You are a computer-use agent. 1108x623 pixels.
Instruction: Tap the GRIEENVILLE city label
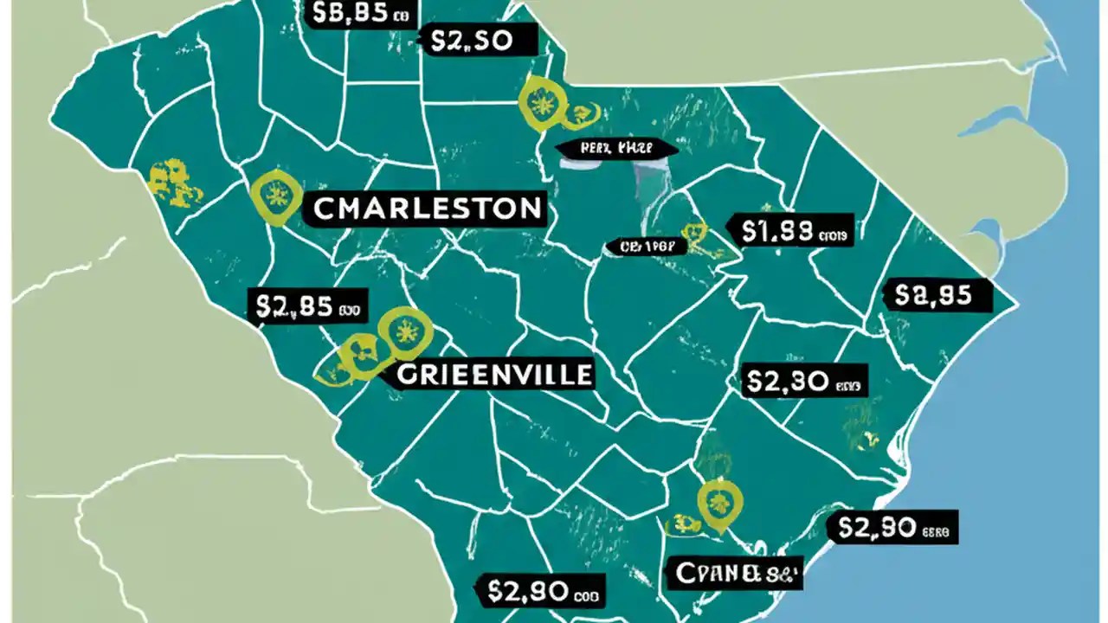click(494, 374)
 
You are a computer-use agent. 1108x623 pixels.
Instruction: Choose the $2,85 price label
click(309, 305)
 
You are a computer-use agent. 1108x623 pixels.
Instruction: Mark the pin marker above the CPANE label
click(715, 503)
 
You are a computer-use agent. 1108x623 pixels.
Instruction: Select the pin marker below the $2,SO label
click(539, 104)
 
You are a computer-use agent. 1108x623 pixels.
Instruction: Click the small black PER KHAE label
click(615, 149)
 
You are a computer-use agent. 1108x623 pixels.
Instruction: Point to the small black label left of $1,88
click(647, 247)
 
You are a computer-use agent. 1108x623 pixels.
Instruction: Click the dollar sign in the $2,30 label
click(753, 382)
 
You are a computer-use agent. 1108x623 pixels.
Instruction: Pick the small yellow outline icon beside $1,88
click(695, 232)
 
